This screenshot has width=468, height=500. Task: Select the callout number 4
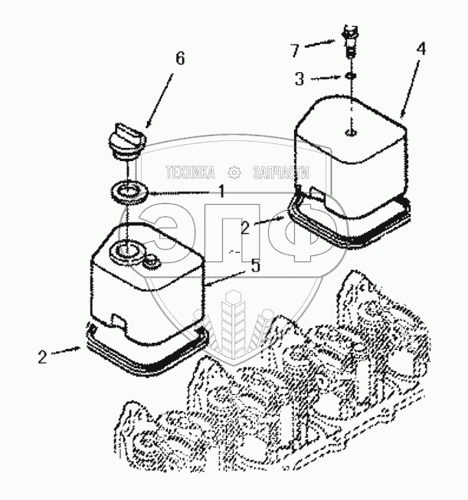tap(420, 48)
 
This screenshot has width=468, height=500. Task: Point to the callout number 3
tap(299, 78)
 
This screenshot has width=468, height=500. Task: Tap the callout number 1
tap(221, 192)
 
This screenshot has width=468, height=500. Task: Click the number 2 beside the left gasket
tap(43, 357)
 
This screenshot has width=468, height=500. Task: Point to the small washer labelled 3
tap(349, 77)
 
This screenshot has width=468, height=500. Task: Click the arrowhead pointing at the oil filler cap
tap(146, 127)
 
